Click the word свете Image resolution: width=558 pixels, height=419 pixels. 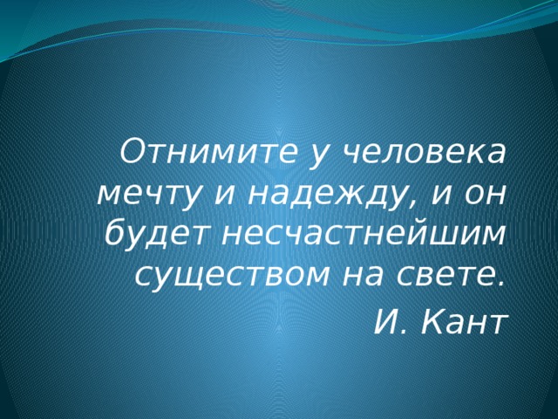pyautogui.click(x=451, y=276)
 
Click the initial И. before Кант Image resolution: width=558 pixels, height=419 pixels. pyautogui.click(x=385, y=322)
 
